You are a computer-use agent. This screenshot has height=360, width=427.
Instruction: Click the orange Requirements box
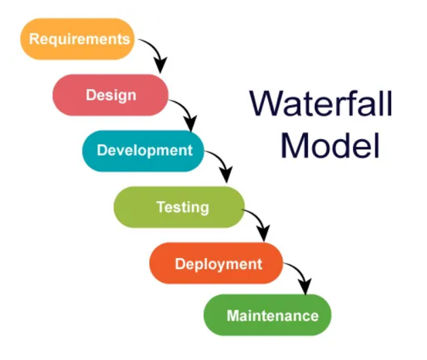tap(78, 39)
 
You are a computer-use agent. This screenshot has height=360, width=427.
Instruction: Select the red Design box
tap(110, 95)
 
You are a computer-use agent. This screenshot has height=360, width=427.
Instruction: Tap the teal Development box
tap(143, 151)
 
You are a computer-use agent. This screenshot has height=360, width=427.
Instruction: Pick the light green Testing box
tap(179, 206)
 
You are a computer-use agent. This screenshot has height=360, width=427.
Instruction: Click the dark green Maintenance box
tap(267, 315)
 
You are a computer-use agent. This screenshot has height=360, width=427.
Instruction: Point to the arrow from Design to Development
tap(185, 111)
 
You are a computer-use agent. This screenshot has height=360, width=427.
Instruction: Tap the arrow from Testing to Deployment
tap(256, 220)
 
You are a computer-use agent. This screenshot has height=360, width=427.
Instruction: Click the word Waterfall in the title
tap(320, 104)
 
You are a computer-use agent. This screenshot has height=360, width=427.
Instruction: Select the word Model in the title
tap(330, 145)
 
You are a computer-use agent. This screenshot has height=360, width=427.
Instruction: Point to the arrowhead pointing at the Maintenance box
tap(305, 288)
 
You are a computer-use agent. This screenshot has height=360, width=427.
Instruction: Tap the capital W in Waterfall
tap(267, 104)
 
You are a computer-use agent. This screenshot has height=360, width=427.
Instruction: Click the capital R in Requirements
tap(34, 38)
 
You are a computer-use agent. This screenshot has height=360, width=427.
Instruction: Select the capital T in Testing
tap(160, 206)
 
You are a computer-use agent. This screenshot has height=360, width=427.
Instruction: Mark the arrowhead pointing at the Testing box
tap(225, 177)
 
